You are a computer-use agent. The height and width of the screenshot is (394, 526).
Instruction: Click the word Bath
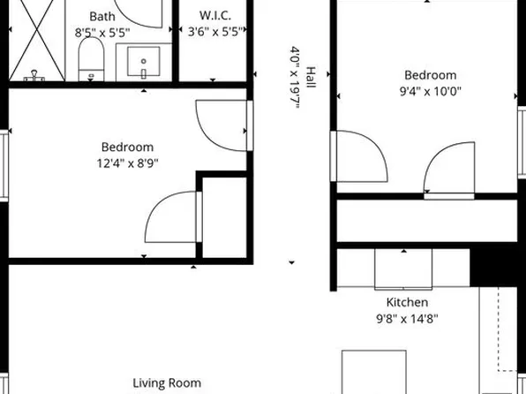coord(101,16)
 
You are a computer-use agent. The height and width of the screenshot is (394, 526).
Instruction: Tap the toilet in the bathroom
coord(92,60)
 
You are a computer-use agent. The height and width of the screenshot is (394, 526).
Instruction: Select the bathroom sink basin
coord(146,62)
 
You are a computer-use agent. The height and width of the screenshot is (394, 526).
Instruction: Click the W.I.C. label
coord(214,16)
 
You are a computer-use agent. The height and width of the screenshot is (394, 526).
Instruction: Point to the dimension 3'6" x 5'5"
coord(214,33)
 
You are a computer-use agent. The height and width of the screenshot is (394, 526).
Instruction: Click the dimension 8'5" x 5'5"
coord(101,33)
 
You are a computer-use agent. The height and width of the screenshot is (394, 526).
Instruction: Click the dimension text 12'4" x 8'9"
coord(127,163)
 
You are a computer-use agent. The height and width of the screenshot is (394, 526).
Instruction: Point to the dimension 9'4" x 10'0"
coord(430,90)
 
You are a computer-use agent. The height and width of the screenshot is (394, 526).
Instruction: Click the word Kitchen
coord(402,302)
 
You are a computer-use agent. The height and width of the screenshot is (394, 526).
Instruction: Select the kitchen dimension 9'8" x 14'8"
coord(402,319)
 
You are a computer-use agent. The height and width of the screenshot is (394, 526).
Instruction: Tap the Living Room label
coord(166,383)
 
